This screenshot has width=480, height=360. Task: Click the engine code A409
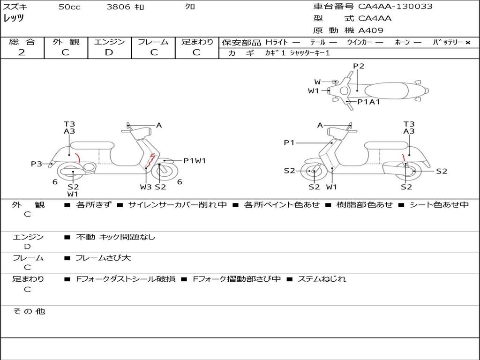coord(371,30)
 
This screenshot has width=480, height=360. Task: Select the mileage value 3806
coord(118,7)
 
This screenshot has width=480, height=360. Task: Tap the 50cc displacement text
coord(69,7)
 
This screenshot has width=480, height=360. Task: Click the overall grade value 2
coord(22,52)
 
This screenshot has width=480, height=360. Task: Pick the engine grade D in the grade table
coord(109,52)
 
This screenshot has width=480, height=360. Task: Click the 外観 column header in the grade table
coord(66,42)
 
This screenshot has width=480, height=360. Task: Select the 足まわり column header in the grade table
coord(197,42)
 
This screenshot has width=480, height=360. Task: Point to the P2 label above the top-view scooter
coord(359,66)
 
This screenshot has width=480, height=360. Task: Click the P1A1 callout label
coord(368,102)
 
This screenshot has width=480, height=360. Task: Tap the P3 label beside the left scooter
coord(37,164)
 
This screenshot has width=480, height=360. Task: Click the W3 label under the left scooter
coord(146,187)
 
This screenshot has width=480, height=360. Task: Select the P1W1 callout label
coord(195,161)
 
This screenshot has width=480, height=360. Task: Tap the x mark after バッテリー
coord(467,43)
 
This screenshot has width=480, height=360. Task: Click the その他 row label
coord(29,311)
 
